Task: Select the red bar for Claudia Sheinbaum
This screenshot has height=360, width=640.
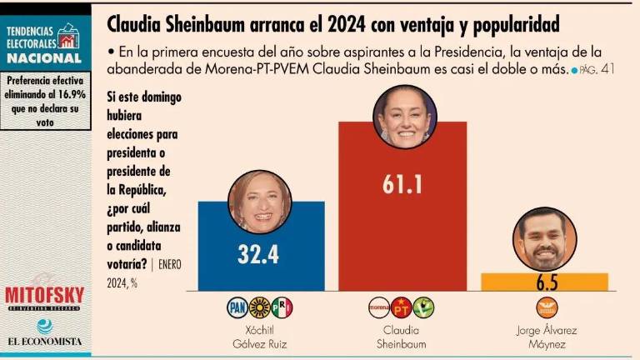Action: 402,233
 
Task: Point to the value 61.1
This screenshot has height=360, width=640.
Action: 402,185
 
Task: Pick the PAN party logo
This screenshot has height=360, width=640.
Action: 238,307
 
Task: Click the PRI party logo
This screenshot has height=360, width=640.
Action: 282,307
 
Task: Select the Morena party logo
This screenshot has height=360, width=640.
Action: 379,307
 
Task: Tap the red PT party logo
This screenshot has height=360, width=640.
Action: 402,307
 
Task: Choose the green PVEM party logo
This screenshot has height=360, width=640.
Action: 424,307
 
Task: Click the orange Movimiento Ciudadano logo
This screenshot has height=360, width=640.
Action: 546,307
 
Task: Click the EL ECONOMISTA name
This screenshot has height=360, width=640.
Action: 45,341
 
